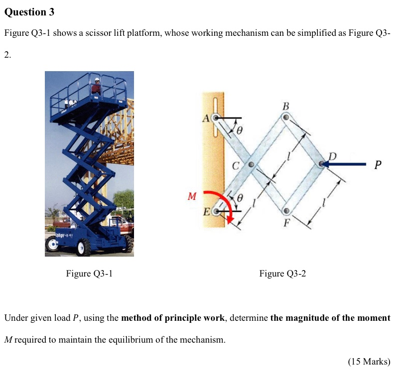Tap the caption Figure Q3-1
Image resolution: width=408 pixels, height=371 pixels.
coord(89,274)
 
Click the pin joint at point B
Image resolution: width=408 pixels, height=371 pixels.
coord(286,117)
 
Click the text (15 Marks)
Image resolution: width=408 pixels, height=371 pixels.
coord(369,361)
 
